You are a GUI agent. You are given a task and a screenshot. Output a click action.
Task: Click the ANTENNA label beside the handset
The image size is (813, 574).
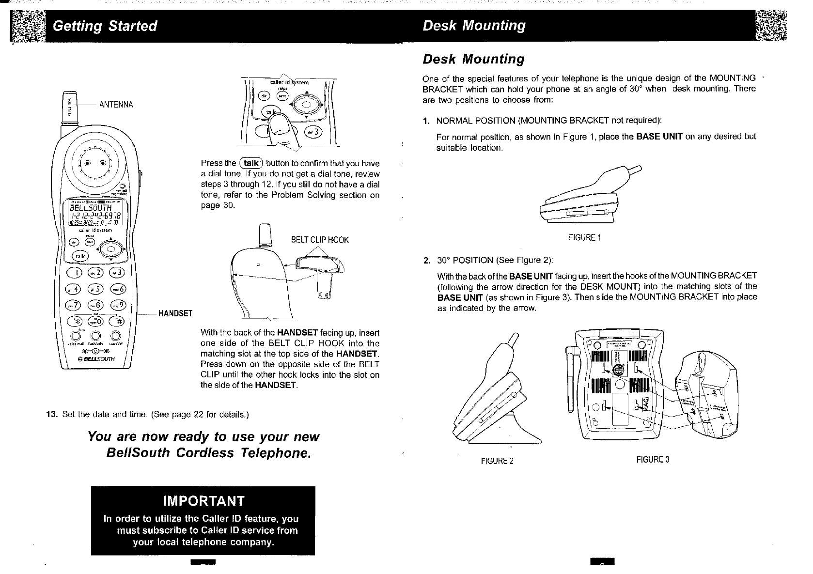(x=116, y=105)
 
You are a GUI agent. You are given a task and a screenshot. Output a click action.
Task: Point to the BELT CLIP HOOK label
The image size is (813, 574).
(x=319, y=240)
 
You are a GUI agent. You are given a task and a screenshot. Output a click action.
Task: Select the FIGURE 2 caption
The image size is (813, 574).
(x=497, y=461)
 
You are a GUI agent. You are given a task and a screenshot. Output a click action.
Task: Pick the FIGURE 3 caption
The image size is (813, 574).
(x=653, y=460)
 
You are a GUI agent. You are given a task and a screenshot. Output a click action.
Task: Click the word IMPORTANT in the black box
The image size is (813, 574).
(x=203, y=500)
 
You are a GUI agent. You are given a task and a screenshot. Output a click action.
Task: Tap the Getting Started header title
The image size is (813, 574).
(x=105, y=26)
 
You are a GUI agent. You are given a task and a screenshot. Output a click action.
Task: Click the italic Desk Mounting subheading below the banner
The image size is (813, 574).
(x=473, y=59)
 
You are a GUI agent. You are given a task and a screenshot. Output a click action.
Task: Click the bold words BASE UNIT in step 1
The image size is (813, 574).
(x=659, y=137)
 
